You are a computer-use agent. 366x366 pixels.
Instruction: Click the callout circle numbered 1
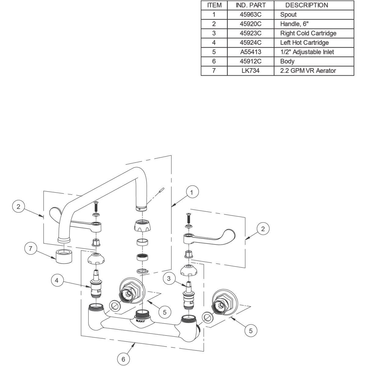pos(192,192)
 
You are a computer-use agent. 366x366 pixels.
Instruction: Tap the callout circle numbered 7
pos(30,249)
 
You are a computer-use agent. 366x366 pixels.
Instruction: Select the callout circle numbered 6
pos(124,359)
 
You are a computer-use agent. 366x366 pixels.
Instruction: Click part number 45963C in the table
pos(251,14)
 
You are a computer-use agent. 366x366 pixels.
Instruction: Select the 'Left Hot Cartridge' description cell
pos(304,42)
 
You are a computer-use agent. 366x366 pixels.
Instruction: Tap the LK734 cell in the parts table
pos(251,70)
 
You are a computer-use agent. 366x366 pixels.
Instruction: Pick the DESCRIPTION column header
pos(307,5)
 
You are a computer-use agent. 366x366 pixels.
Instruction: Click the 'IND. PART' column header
pos(251,5)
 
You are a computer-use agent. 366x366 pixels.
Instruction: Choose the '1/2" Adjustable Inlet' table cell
pos(307,52)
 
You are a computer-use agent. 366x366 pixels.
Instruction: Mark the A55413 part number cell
pos(251,52)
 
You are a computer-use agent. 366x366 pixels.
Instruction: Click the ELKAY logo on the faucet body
pos(139,321)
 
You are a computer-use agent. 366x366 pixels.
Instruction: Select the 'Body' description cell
pos(287,61)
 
